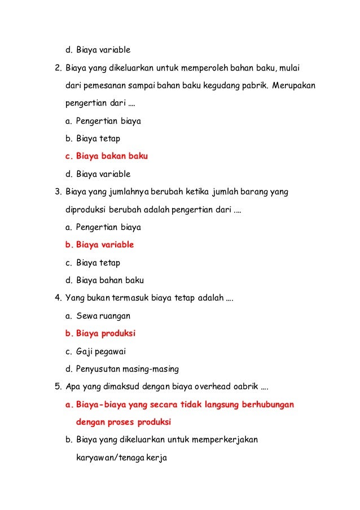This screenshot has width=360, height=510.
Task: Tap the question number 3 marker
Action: pyautogui.click(x=58, y=192)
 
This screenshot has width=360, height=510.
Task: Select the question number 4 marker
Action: pyautogui.click(x=58, y=298)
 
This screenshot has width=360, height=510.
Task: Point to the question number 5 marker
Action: pyautogui.click(x=58, y=387)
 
